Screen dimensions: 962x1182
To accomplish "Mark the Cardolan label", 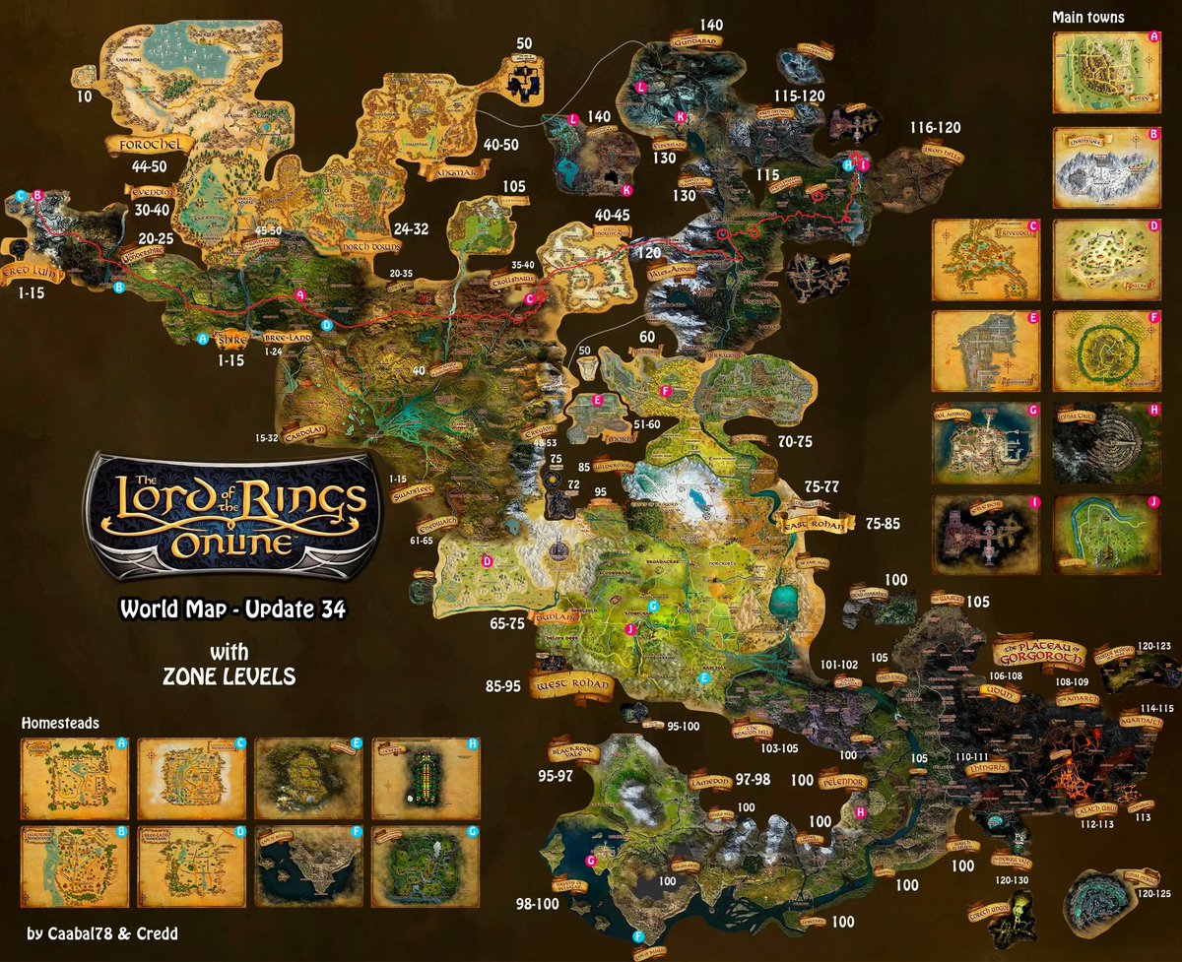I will click(x=300, y=430).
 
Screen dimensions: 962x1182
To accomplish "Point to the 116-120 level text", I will click(x=935, y=128).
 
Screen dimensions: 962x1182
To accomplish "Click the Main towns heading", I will click(x=1087, y=17).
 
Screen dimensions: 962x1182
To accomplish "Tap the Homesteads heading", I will click(x=58, y=723).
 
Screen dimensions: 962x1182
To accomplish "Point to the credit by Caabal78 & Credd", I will click(x=103, y=931).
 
